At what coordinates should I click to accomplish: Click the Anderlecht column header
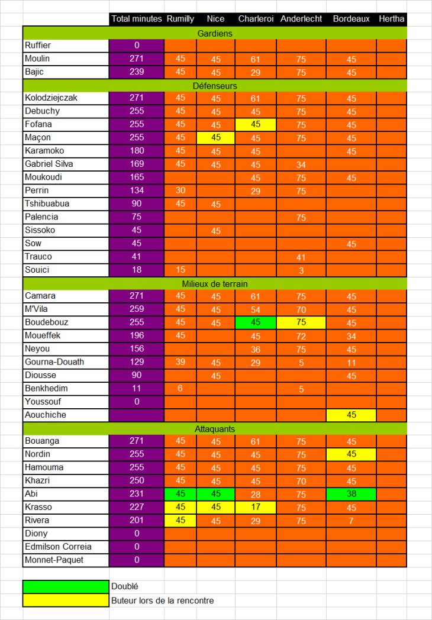point(301,19)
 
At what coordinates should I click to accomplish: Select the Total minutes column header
point(136,19)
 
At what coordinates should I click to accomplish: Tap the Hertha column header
point(392,19)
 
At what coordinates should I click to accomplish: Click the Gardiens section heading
point(215,33)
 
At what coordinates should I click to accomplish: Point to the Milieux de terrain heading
point(215,283)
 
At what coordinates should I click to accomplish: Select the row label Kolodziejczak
point(51,98)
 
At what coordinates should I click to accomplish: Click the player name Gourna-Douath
point(54,362)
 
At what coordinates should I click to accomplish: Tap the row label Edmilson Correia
point(58,547)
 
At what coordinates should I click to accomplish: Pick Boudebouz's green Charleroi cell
point(256,322)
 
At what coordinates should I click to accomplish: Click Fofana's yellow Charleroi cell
point(256,124)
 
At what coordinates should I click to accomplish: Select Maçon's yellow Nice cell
point(215,138)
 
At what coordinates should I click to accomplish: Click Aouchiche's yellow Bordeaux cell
point(352,415)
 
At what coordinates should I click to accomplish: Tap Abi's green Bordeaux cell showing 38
point(352,494)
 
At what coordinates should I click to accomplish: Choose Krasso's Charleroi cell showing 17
point(256,507)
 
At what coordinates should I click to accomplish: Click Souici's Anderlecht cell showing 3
point(301,270)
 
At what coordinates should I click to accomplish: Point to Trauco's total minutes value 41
point(136,257)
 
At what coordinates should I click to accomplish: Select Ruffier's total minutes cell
point(136,46)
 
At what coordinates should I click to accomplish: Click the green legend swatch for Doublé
point(66,586)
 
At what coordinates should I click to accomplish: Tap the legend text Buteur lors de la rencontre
point(163,600)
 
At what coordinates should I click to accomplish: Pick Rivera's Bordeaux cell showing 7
point(352,521)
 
